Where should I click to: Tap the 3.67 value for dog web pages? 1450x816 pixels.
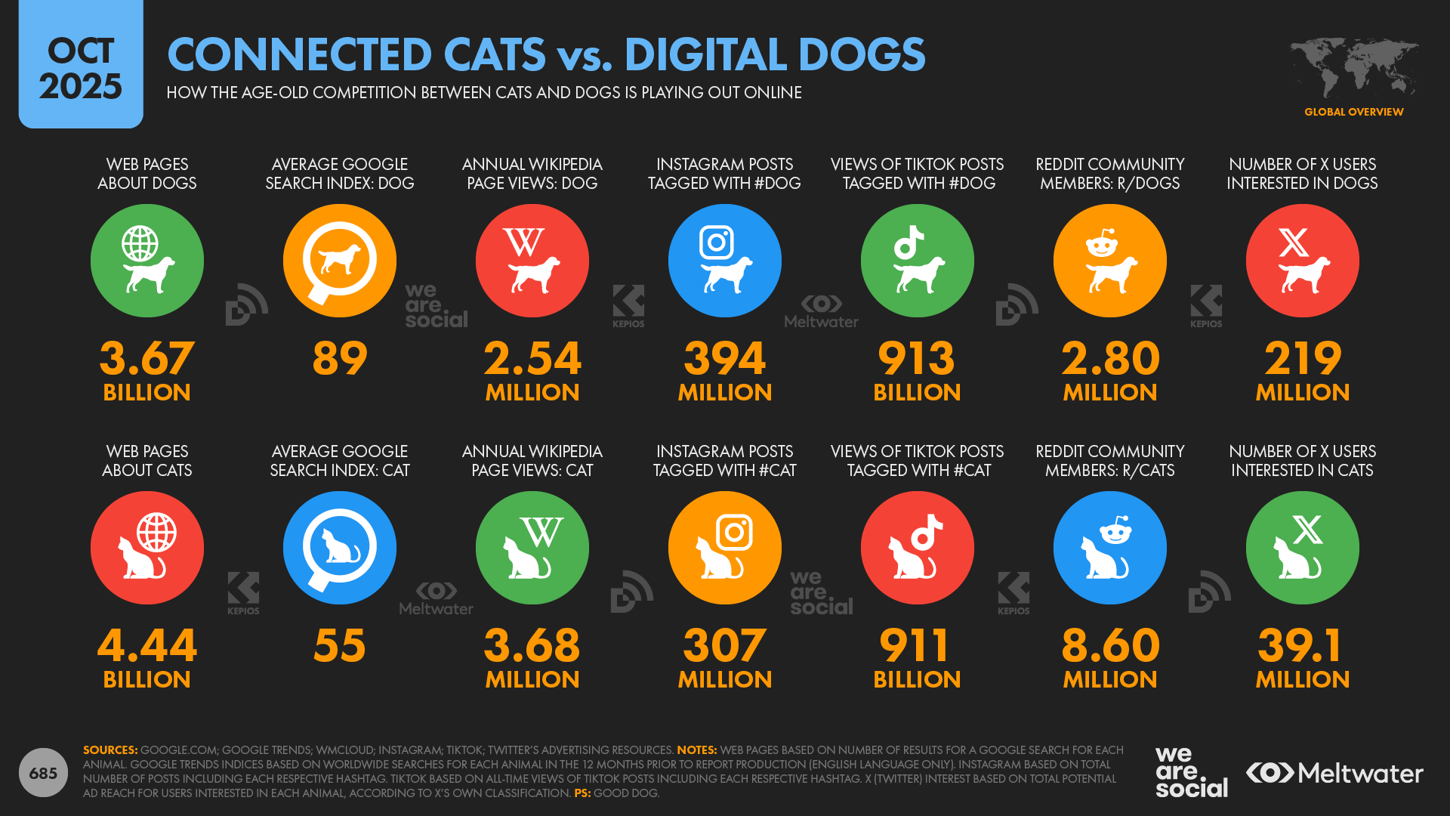pos(147,358)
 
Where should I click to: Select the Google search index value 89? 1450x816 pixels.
pos(340,358)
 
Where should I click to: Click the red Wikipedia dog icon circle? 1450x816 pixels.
pos(532,261)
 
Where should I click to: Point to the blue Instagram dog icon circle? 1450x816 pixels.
pos(725,261)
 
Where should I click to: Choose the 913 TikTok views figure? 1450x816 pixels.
pos(917,358)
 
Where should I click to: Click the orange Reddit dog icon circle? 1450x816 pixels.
pos(1110,261)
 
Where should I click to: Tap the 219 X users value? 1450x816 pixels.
pos(1303,358)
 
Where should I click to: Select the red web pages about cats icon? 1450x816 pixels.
pos(147,548)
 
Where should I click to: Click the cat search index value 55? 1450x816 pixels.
pos(340,645)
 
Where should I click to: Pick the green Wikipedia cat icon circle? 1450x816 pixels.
pos(532,548)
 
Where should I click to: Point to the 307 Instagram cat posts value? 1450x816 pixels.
pos(725,645)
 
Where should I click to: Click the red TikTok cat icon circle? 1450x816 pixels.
pos(918,548)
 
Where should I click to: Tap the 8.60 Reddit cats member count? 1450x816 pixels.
pos(1110,645)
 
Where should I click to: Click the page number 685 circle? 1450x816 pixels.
pos(43,773)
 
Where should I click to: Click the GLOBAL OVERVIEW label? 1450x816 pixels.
pos(1353,112)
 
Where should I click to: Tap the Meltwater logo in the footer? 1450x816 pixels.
pos(1334,773)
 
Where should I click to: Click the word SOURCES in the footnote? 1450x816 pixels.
pos(110,750)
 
